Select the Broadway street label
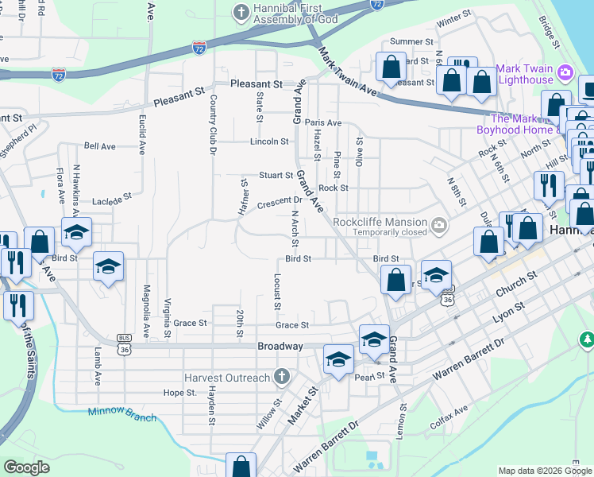pyautogui.click(x=280, y=347)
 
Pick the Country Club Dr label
pyautogui.click(x=213, y=125)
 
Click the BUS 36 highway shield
pyautogui.click(x=123, y=339)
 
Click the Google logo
pyautogui.click(x=26, y=467)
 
